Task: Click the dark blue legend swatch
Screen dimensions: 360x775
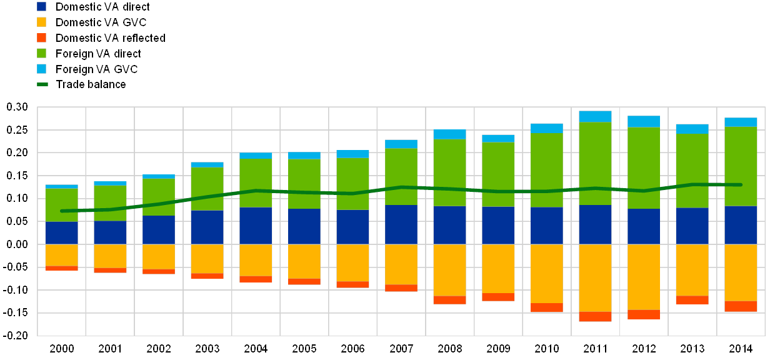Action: click(x=42, y=7)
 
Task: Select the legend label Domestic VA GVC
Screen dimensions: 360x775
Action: click(x=102, y=22)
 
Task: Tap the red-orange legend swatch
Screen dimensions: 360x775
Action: click(x=42, y=38)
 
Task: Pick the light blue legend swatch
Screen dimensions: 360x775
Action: click(x=42, y=69)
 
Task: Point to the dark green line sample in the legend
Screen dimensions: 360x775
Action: click(x=42, y=84)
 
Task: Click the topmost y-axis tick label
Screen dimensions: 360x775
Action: click(x=18, y=107)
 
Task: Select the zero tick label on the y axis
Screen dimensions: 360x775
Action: click(x=18, y=244)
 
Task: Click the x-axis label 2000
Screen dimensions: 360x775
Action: click(x=62, y=348)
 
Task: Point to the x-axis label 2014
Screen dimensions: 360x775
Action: click(x=741, y=348)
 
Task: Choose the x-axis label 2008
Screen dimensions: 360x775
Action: click(x=450, y=348)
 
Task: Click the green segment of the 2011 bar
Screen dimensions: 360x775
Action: click(x=595, y=163)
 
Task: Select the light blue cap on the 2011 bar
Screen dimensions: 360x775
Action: click(x=595, y=116)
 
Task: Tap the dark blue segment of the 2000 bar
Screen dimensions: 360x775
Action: click(x=62, y=232)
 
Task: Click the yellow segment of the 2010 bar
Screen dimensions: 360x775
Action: click(x=547, y=273)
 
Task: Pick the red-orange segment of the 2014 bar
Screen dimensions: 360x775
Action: click(x=741, y=306)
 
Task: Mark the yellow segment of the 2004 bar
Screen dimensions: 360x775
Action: click(x=256, y=259)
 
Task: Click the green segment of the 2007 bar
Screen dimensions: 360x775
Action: click(x=401, y=176)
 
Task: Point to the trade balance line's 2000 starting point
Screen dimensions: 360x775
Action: click(x=62, y=211)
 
